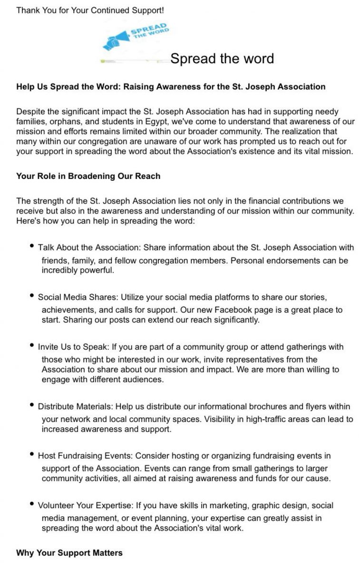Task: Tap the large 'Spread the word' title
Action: click(222, 59)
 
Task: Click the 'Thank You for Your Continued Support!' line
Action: click(90, 10)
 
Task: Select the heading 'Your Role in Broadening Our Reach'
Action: click(88, 176)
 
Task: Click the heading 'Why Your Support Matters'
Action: click(69, 552)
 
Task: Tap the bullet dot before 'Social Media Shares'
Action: click(32, 296)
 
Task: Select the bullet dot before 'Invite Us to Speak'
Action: click(32, 346)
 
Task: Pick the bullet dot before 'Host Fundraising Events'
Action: click(32, 454)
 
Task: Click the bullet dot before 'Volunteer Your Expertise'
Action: click(32, 504)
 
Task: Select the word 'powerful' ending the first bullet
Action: click(98, 270)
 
